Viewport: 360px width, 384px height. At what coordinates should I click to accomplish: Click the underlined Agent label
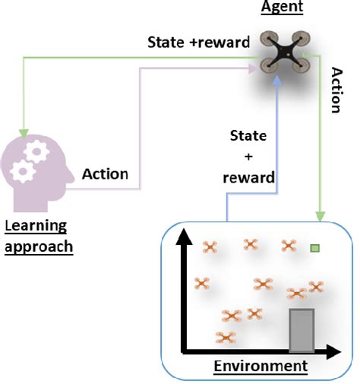click(x=283, y=8)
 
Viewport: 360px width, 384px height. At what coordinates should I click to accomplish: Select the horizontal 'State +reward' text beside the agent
click(x=198, y=43)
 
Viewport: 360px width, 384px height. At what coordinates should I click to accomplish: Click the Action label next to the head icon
click(x=105, y=174)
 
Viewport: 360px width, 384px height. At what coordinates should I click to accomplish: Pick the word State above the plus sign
click(x=248, y=137)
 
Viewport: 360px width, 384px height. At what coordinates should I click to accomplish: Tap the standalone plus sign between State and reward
click(x=248, y=157)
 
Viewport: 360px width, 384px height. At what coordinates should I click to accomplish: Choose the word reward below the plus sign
click(x=248, y=179)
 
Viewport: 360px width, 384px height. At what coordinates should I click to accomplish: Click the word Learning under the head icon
click(x=36, y=226)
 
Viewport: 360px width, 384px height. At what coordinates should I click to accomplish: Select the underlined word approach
click(x=39, y=247)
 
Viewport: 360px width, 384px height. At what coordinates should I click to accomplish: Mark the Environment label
click(x=261, y=367)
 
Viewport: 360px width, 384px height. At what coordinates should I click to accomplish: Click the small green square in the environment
click(x=314, y=248)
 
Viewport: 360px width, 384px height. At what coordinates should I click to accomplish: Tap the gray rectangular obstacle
click(x=302, y=331)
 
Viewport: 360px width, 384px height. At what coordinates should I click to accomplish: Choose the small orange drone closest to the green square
click(x=289, y=245)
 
